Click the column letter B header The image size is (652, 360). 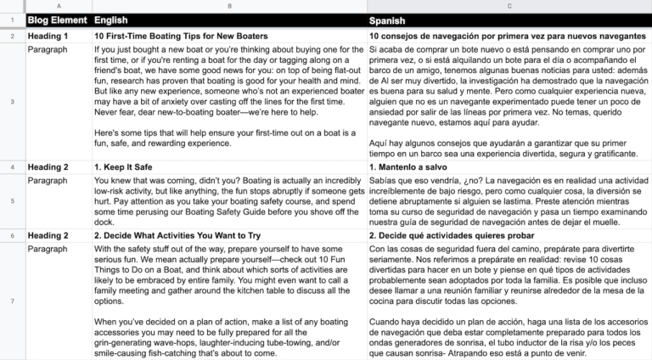pyautogui.click(x=228, y=5)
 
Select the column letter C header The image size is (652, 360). pyautogui.click(x=509, y=5)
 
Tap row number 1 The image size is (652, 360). pyautogui.click(x=12, y=19)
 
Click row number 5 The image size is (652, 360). pyautogui.click(x=12, y=202)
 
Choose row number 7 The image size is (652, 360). pyautogui.click(x=12, y=301)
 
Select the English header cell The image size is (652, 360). pyautogui.click(x=112, y=19)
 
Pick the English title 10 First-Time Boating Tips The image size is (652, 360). pyautogui.click(x=181, y=37)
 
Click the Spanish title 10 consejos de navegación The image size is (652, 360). pyautogui.click(x=507, y=37)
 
